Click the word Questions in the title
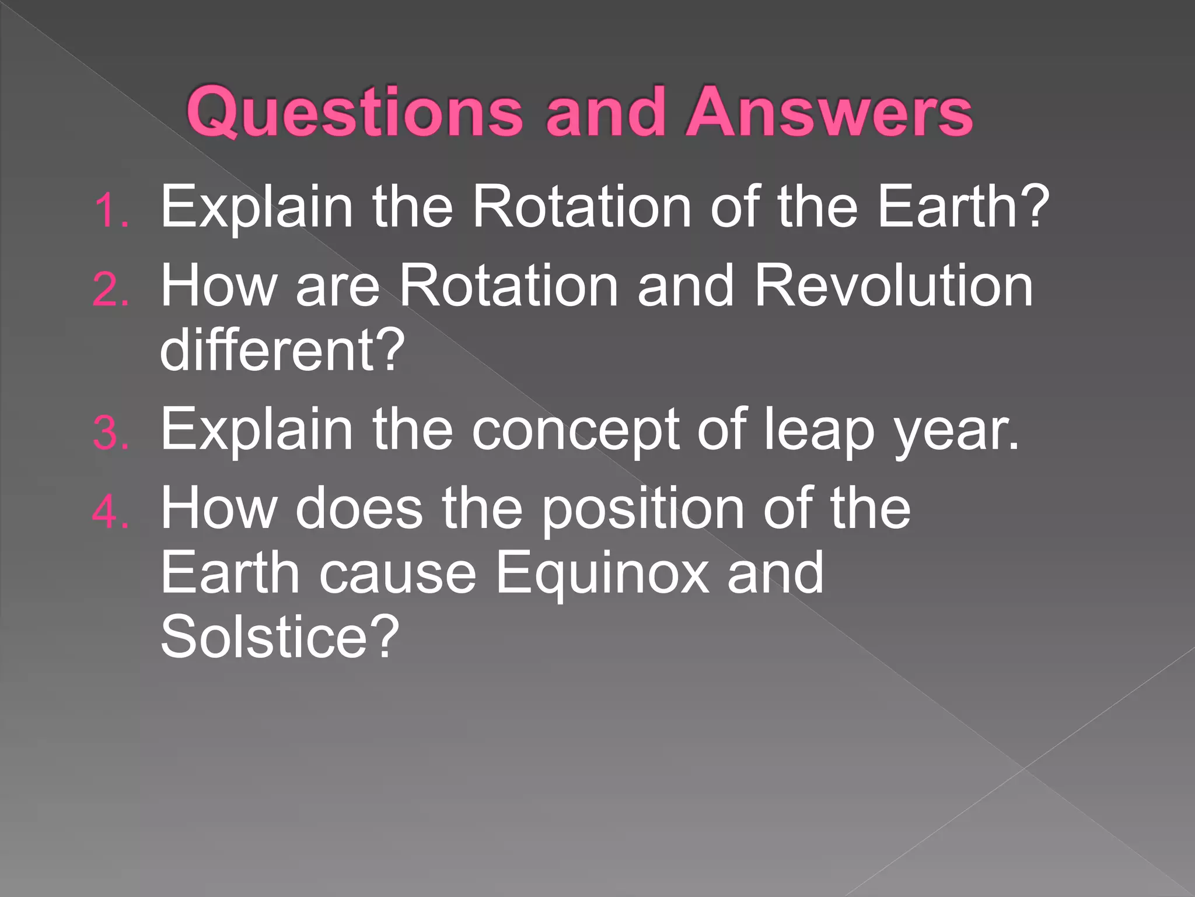[x=354, y=112]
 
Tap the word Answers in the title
[x=829, y=112]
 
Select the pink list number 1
[x=110, y=211]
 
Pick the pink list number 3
[x=110, y=434]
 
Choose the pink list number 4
[x=110, y=513]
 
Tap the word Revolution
[x=893, y=286]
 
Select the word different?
[x=282, y=350]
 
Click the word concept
[x=575, y=430]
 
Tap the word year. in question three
[x=957, y=430]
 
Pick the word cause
[x=397, y=574]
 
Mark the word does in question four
[x=359, y=508]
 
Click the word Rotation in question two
[x=508, y=286]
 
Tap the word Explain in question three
[x=257, y=430]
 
